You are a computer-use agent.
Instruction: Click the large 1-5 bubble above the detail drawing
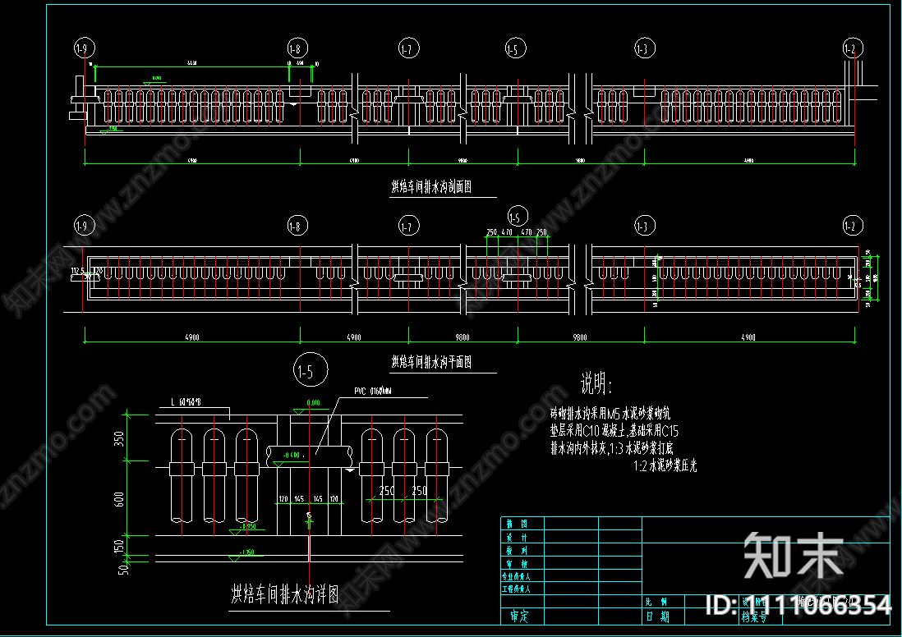(x=306, y=372)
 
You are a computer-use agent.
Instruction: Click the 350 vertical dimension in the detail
(x=120, y=438)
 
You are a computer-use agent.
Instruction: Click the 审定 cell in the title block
(x=519, y=615)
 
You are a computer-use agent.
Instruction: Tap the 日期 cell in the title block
(x=658, y=616)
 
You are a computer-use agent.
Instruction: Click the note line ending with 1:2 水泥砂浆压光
(x=665, y=465)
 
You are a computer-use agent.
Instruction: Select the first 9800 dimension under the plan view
(x=463, y=337)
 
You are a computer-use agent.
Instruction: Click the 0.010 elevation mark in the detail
(x=312, y=403)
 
